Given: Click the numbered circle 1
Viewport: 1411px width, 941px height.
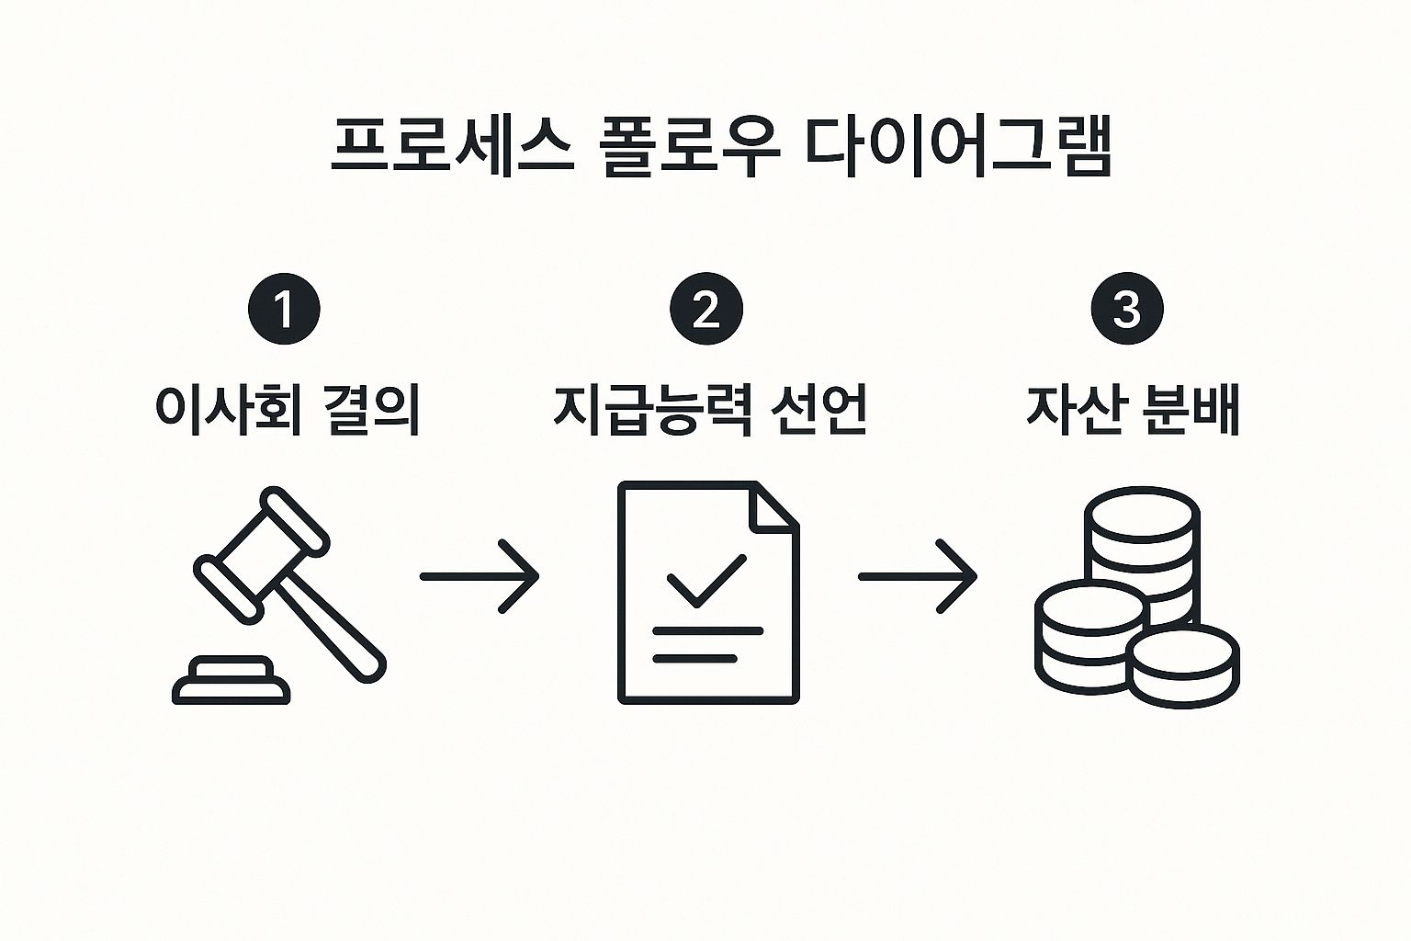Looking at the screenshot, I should pyautogui.click(x=284, y=310).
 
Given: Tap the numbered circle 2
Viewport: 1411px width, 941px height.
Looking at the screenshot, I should pyautogui.click(x=705, y=310).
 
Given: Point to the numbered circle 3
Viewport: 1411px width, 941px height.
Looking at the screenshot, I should pyautogui.click(x=1126, y=310).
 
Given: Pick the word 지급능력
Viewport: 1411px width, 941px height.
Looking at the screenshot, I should pyautogui.click(x=652, y=409).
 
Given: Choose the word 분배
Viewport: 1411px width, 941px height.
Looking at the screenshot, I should pyautogui.click(x=1191, y=409).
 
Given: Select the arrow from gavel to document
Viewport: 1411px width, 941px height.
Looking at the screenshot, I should pyautogui.click(x=479, y=576).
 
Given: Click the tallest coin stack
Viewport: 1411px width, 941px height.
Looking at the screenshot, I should pyautogui.click(x=1142, y=538).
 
